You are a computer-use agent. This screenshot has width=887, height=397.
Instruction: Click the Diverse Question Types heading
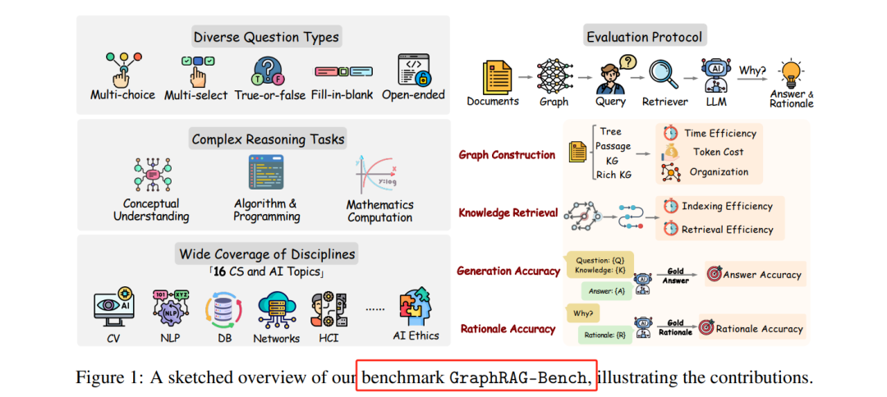click(x=266, y=37)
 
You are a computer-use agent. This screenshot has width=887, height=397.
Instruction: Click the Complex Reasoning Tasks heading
click(x=268, y=139)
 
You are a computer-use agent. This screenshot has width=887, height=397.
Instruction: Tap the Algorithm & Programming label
click(x=266, y=210)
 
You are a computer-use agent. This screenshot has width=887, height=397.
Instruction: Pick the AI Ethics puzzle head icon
click(x=416, y=306)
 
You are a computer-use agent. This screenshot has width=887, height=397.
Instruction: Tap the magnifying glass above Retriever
click(x=662, y=74)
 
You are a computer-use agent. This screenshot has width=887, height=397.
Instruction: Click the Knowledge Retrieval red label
click(x=508, y=212)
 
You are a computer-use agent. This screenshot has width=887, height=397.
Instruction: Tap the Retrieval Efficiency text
click(x=727, y=230)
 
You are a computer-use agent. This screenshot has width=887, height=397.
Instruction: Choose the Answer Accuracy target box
click(x=753, y=275)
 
